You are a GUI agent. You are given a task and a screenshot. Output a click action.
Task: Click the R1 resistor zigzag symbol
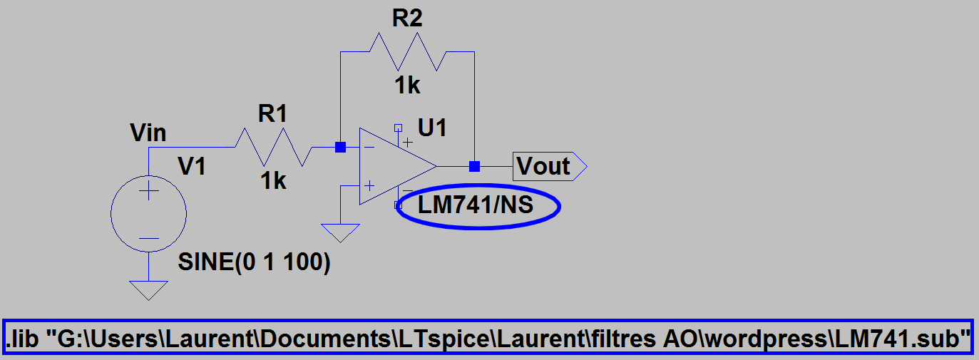tap(274, 148)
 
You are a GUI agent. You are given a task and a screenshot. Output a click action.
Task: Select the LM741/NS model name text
tap(476, 206)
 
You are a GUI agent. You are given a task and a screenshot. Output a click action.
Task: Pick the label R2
tap(407, 19)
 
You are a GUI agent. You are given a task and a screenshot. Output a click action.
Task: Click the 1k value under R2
tap(407, 86)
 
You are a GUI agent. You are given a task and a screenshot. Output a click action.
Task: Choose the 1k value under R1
tap(272, 181)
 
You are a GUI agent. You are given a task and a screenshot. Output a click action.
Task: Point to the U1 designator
tap(433, 128)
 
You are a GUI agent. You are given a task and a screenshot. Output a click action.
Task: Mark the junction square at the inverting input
tap(341, 148)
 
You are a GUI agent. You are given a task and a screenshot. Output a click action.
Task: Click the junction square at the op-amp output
tap(474, 166)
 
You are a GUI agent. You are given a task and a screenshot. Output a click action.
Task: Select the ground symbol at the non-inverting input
tap(341, 232)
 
